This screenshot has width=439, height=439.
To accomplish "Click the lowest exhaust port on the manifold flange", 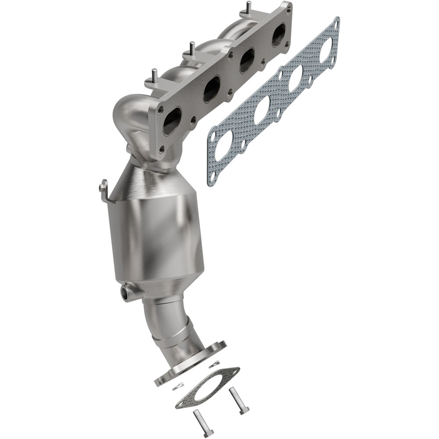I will coord(172,121).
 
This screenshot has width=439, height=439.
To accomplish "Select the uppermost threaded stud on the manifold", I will coord(249,8).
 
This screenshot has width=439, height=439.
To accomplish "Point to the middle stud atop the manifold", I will coord(192,47).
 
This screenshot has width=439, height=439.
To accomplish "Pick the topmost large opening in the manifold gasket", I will coord(326,48).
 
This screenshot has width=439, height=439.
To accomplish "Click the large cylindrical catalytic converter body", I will coord(158,237).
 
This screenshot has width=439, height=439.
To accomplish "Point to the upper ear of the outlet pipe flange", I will coord(218,346).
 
